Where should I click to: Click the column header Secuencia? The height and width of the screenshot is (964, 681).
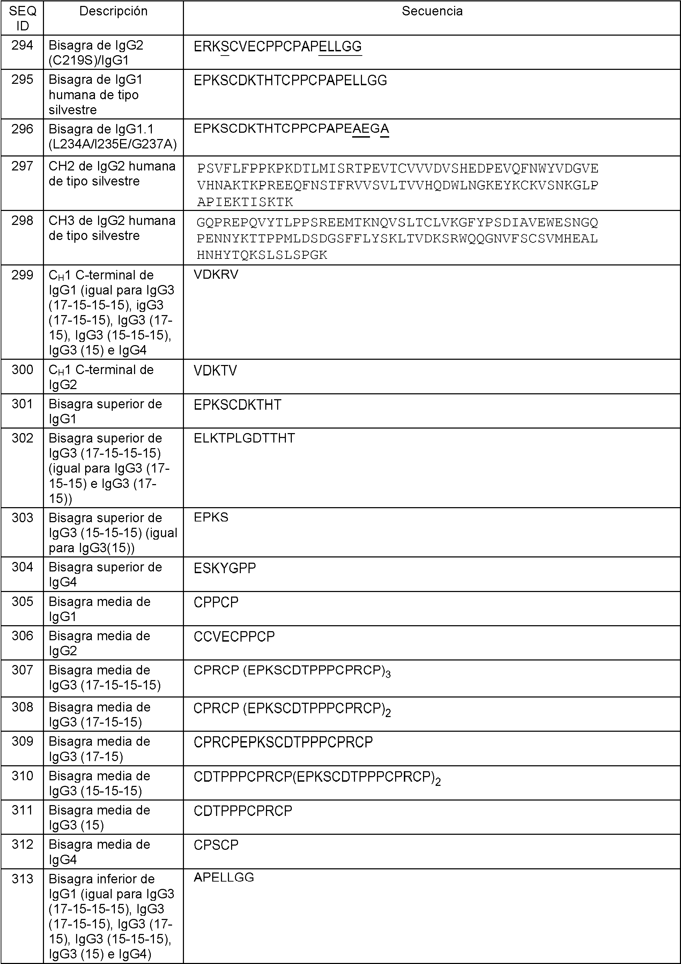pos(432,11)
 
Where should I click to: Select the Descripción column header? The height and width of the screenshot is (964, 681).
pos(113,11)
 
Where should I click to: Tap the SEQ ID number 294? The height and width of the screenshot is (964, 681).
pos(22,45)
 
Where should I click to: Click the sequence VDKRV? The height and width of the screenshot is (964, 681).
pos(216,275)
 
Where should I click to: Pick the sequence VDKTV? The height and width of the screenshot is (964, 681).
pos(215,370)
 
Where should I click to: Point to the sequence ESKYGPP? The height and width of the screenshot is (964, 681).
pos(224,568)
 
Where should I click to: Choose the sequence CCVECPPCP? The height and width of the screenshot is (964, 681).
pos(234,636)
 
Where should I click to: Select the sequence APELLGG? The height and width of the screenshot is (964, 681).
pos(224,877)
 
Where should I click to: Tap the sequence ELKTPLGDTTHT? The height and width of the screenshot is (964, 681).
pos(244,438)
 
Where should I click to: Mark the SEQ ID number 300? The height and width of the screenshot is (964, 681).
pos(22,370)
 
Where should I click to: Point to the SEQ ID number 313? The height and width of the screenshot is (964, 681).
pos(22,879)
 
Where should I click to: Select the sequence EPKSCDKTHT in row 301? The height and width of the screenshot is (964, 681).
pos(237,405)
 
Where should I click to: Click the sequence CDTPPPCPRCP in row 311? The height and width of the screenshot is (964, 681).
pos(243,811)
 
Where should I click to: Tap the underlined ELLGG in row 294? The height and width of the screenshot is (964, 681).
pos(340,46)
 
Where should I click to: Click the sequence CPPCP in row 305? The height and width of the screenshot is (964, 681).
pos(216,602)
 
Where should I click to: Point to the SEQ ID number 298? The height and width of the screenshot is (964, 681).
pos(22,221)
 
